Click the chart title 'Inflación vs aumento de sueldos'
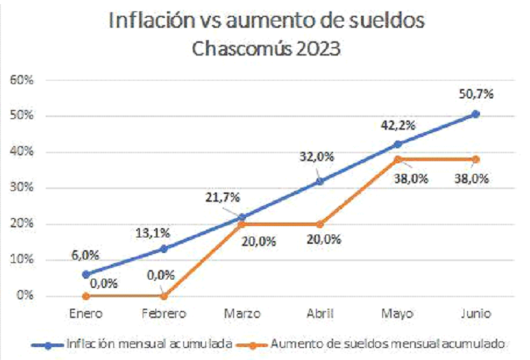coord(266,20)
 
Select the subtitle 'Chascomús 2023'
coord(266,49)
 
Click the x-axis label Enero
coord(86,313)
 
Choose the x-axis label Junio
coord(476,313)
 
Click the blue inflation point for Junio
coord(476,114)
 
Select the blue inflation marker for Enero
coord(86,274)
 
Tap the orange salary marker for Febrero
coord(164,295)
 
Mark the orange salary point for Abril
coord(320,224)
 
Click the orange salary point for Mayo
coord(398,159)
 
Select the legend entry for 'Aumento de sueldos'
coord(389,344)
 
